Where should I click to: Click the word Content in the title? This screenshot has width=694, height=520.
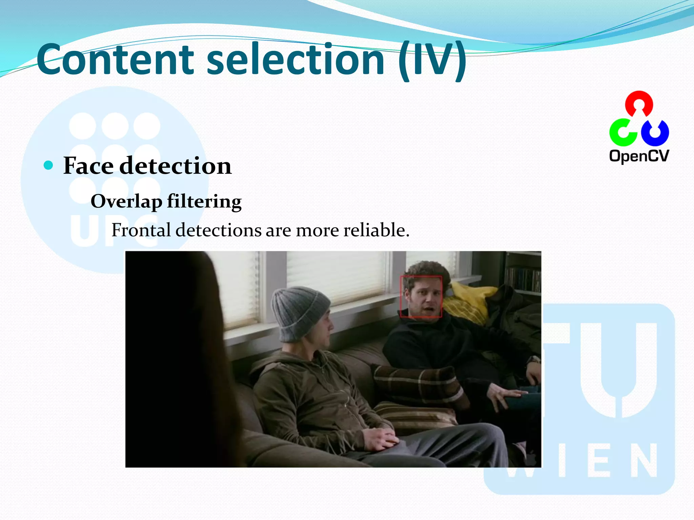tap(115, 60)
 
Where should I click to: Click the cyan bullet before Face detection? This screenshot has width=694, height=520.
tap(49, 165)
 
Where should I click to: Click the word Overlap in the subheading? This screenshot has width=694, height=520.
tap(126, 202)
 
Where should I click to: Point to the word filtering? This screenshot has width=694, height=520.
tap(204, 202)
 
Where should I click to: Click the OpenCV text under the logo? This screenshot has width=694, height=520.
tap(639, 156)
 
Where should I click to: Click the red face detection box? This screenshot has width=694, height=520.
tap(421, 297)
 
